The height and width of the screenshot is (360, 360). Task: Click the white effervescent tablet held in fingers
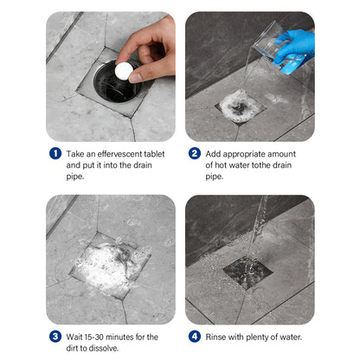pos(124,70)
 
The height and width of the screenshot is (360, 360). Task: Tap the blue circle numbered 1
pos(55,153)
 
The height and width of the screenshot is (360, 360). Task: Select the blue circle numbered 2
pos(195,153)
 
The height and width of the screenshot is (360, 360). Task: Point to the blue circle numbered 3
pos(55,337)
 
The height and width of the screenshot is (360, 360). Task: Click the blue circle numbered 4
pos(195,337)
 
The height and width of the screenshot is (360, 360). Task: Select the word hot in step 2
pos(221,165)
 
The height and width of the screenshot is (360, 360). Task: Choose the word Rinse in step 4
pos(215,337)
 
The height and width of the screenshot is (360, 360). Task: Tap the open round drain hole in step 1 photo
pos(118,83)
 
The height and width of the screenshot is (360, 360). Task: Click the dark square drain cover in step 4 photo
pos(247,272)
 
